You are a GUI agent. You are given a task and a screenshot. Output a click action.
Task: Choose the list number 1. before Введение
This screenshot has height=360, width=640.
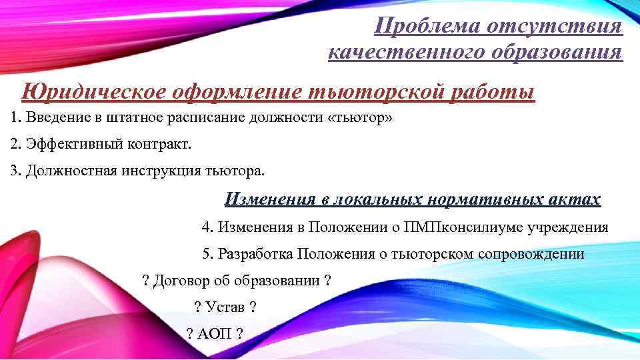coord(16,119)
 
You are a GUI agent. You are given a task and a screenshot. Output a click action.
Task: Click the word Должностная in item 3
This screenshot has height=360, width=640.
coord(71,170)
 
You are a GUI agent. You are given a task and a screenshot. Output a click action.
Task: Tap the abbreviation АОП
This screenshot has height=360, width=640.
coord(214,333)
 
